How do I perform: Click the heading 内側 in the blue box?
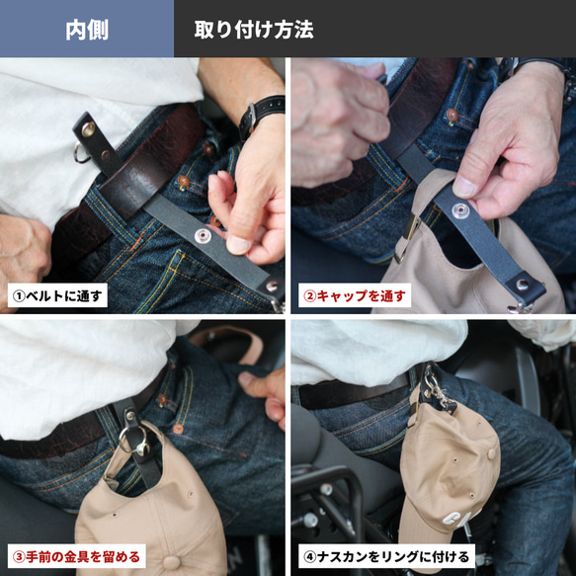coord(87,30)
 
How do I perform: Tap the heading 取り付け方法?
coord(254,30)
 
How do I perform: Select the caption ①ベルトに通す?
coord(57,295)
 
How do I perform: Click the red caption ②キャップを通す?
coord(355,295)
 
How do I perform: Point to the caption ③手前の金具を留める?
coord(77,557)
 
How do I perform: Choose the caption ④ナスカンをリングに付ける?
coord(386,557)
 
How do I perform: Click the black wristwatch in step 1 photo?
coord(262,115)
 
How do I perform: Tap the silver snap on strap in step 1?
coord(203,235)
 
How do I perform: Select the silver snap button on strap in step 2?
coord(460,210)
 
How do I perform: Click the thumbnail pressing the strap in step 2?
coord(463,187)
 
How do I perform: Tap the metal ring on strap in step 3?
coord(132,441)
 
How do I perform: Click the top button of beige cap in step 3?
coord(172,562)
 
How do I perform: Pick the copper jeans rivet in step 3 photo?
coord(178,429)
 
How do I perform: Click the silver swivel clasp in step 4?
coord(437,390)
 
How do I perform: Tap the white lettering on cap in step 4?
coord(461,515)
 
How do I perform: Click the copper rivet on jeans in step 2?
coord(453,116)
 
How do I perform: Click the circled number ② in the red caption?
coord(309,296)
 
